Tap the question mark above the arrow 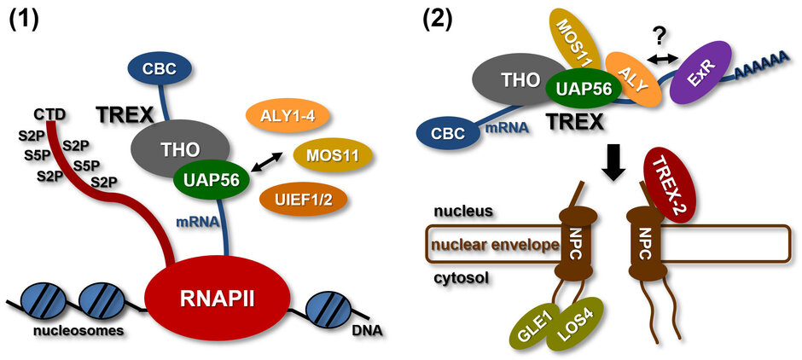pos(659,33)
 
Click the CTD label pos(52,112)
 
